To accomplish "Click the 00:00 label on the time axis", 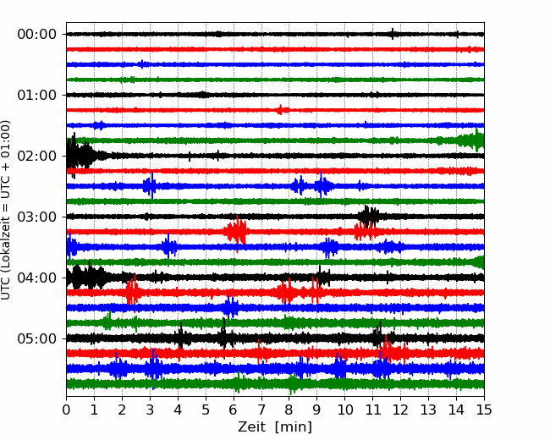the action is tap(37, 35).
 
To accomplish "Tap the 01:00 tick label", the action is tap(37, 95).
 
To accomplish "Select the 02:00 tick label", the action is tap(37, 156).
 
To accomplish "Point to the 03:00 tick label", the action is tap(37, 217).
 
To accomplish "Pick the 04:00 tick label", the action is tap(37, 278).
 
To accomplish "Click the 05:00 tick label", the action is tap(37, 338).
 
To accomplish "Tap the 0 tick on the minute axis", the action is tap(66, 410).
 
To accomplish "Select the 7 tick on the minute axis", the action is tap(261, 410).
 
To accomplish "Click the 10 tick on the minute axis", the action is tap(344, 410).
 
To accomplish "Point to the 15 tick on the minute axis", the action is tap(484, 410).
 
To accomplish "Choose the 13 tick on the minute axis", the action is tap(428, 410).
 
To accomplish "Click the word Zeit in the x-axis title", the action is tap(251, 427).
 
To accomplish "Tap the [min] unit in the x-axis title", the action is tap(294, 427).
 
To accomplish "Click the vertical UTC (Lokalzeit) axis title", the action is tap(5, 210).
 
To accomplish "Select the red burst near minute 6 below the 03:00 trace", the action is tap(236, 232).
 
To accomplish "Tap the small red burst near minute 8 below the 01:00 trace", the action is tap(282, 110).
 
